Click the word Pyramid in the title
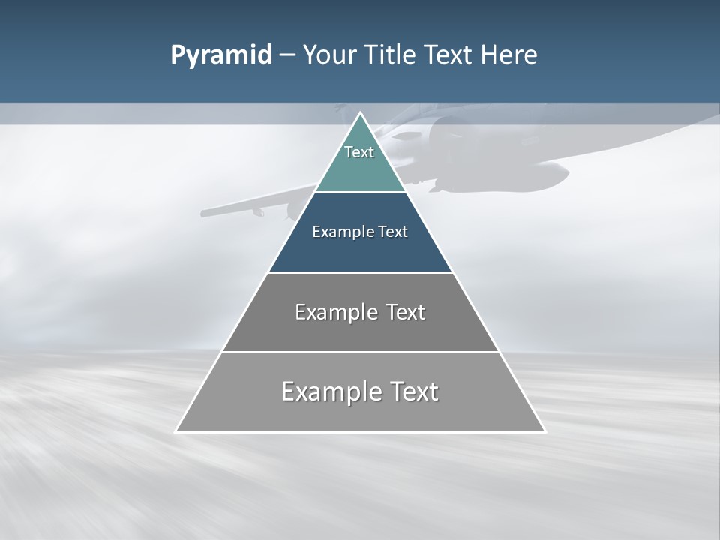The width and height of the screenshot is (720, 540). click(x=220, y=55)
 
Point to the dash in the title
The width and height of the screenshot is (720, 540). click(x=286, y=55)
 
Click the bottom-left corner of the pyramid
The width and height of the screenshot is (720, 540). click(x=176, y=431)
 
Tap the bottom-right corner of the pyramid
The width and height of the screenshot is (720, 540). click(x=544, y=431)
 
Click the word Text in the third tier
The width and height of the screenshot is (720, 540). click(x=405, y=312)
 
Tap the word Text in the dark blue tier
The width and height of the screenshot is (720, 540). click(x=393, y=232)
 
